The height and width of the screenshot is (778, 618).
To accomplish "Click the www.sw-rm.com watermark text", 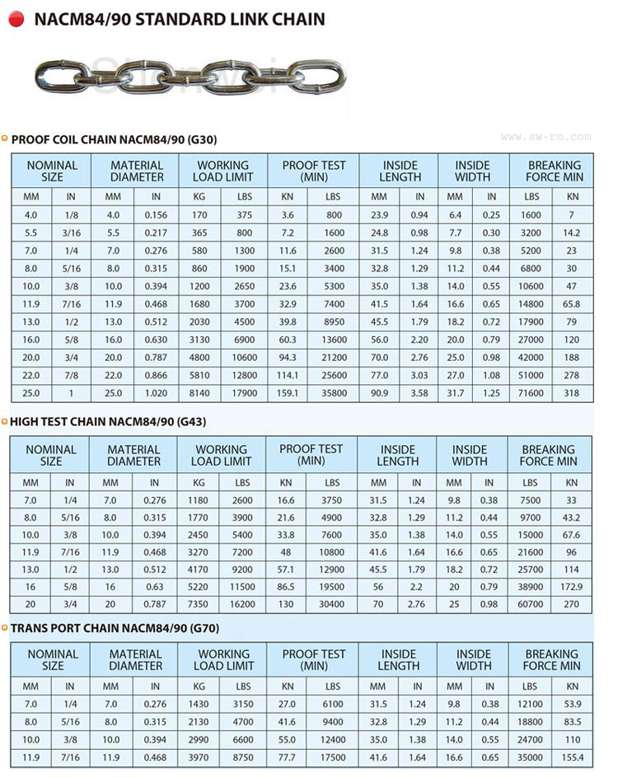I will (x=545, y=137).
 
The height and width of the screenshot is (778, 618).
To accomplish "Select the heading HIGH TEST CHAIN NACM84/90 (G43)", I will (x=107, y=421).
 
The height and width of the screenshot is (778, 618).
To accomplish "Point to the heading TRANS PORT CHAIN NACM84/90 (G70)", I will (x=114, y=628).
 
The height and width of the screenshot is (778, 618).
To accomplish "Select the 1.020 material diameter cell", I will (x=155, y=393).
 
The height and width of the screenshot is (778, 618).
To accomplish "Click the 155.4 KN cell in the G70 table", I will (x=572, y=757).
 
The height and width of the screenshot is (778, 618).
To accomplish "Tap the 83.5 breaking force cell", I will (x=572, y=722).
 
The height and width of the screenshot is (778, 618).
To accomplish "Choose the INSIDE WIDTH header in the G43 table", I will (x=470, y=455).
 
